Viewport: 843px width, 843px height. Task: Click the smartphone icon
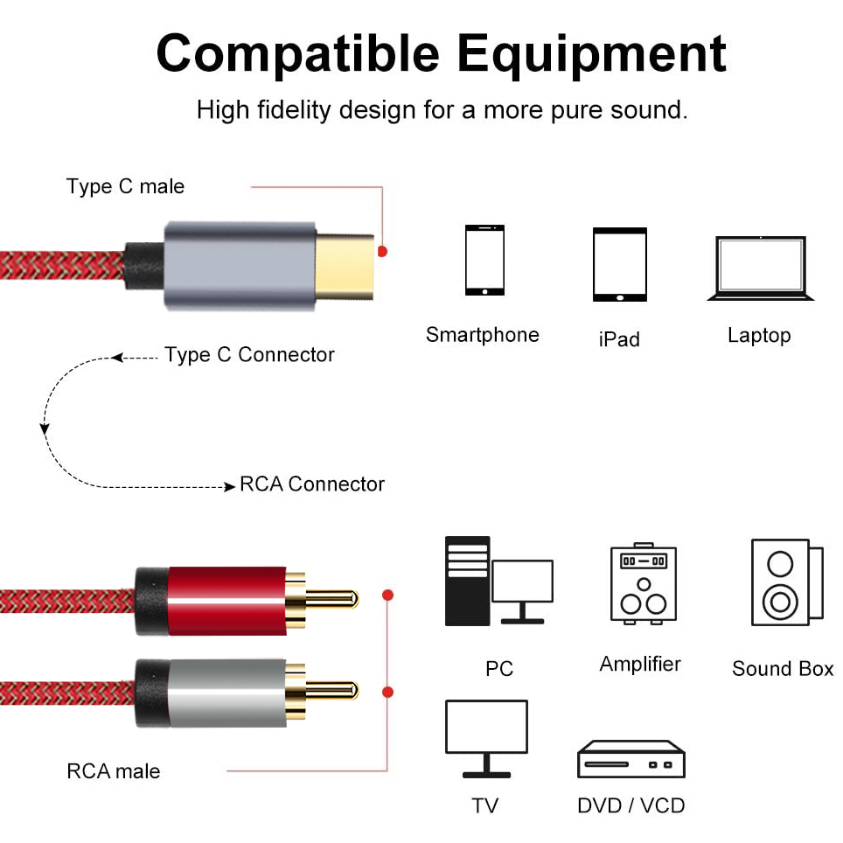tap(484, 260)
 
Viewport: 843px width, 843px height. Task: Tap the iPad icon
tap(619, 264)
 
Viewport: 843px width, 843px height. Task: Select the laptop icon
tap(760, 268)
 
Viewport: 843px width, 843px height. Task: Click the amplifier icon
tap(643, 583)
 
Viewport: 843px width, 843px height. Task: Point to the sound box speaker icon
tap(785, 582)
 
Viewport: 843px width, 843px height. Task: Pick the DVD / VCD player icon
tap(631, 759)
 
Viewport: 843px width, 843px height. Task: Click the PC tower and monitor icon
tap(498, 581)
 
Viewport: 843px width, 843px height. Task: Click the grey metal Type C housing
tap(240, 265)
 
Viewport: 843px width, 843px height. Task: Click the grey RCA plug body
tap(226, 691)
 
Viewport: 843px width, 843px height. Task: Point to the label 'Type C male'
tap(125, 186)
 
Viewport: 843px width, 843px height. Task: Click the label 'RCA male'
tap(114, 771)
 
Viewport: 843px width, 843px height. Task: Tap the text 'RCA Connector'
tap(312, 484)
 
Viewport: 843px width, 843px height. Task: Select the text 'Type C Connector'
tap(249, 355)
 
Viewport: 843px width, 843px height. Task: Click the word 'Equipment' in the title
tap(591, 54)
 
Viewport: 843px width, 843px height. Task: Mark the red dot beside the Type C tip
tap(382, 251)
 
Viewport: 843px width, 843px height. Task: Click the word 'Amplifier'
tap(640, 664)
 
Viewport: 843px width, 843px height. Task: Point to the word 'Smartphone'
tap(482, 335)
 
